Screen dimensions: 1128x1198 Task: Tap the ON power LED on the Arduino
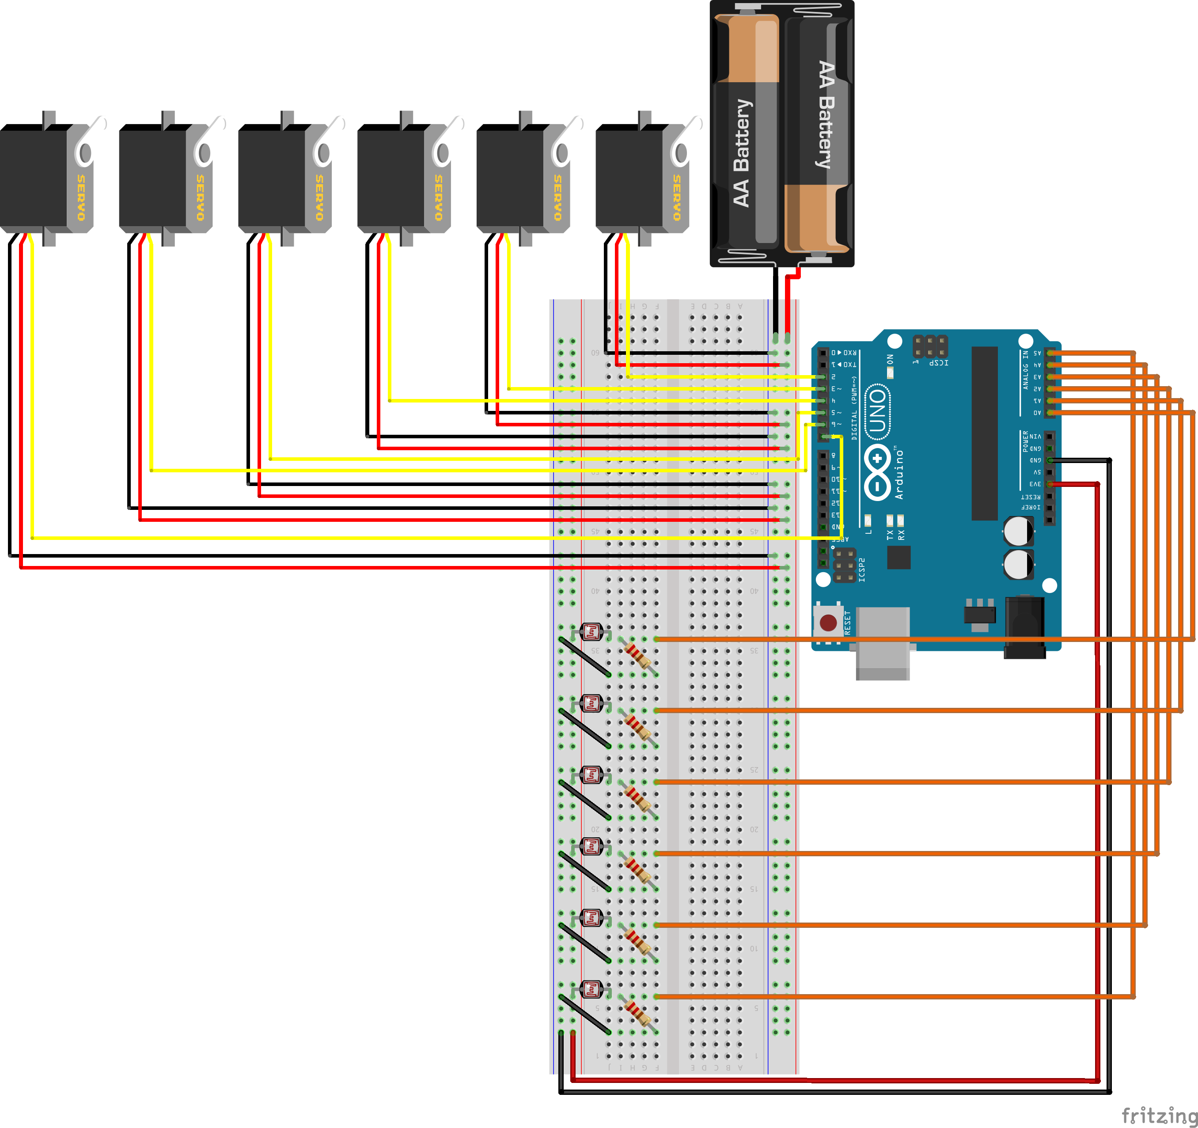pos(890,372)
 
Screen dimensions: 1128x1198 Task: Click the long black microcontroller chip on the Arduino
pos(984,433)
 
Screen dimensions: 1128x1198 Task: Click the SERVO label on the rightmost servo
pos(677,198)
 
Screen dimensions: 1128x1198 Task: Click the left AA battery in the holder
pos(746,133)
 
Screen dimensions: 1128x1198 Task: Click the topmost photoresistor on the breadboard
pos(591,632)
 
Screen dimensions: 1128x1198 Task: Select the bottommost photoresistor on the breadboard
pos(591,989)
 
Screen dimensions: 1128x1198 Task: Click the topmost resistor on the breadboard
pos(637,655)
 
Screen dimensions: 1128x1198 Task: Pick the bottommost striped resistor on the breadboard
pos(637,1013)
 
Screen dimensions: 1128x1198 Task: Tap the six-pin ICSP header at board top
pos(930,346)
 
